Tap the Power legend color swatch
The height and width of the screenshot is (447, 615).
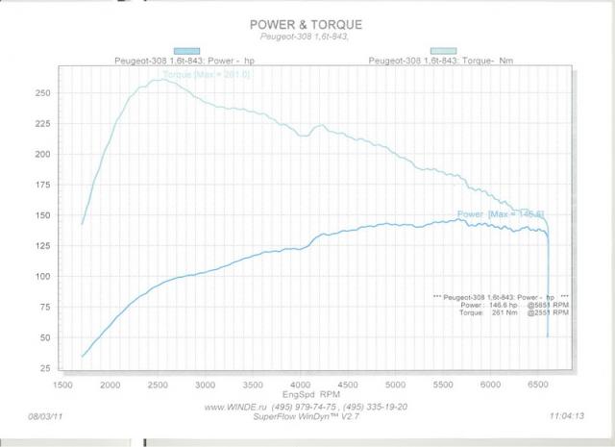[x=186, y=51]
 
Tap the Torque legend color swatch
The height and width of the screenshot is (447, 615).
[x=444, y=51]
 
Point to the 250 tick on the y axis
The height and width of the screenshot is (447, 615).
[x=42, y=93]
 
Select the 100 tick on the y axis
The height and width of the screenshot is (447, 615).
[x=42, y=277]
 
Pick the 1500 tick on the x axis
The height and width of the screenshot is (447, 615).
[x=62, y=385]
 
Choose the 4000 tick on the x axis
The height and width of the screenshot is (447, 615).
[x=301, y=385]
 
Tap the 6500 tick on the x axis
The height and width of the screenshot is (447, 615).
[x=538, y=385]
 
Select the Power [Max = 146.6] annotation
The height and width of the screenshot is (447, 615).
[x=500, y=213]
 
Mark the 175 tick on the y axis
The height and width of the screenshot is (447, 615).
[x=42, y=186]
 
